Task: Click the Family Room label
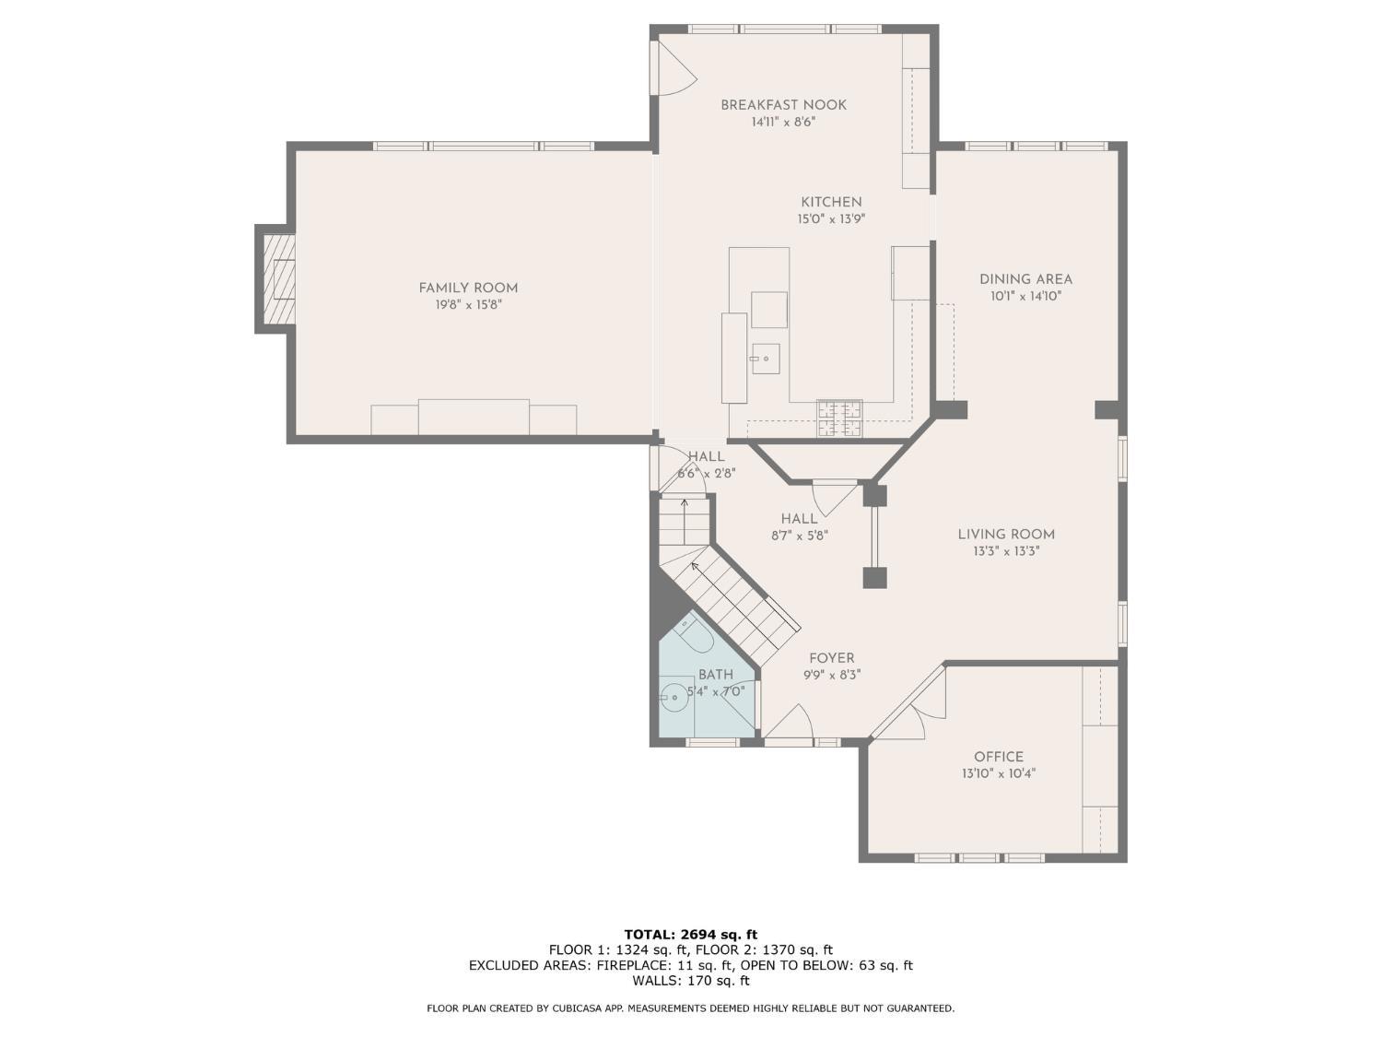[468, 288]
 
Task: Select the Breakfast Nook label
[783, 105]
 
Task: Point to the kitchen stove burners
[839, 418]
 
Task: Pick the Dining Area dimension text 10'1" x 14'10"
[1025, 297]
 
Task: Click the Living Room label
[1006, 534]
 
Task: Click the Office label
[999, 757]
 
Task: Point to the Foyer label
[831, 658]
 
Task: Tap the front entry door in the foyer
[789, 724]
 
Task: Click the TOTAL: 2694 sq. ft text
[690, 934]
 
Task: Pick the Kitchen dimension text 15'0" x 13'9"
[831, 219]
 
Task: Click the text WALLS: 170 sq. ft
[690, 981]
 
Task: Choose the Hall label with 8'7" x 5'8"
[799, 519]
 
